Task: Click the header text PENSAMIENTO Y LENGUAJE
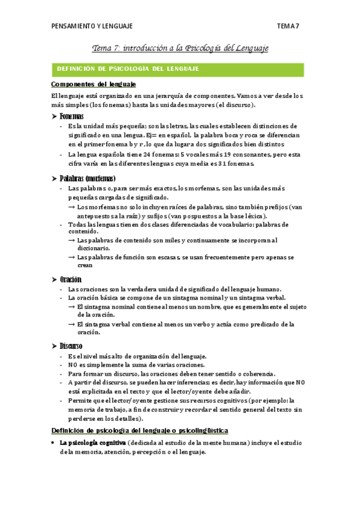click(92, 26)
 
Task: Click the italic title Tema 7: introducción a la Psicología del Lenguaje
click(179, 47)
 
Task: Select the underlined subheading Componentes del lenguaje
click(94, 84)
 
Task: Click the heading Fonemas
click(71, 116)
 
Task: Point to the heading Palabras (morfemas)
click(88, 178)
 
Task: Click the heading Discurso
click(71, 346)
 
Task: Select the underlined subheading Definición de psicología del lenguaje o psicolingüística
click(139, 430)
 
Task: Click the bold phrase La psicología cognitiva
click(92, 443)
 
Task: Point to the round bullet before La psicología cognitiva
click(54, 443)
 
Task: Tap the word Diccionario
click(94, 248)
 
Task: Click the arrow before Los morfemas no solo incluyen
click(71, 207)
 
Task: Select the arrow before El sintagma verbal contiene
click(71, 325)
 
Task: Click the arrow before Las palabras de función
click(71, 258)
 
